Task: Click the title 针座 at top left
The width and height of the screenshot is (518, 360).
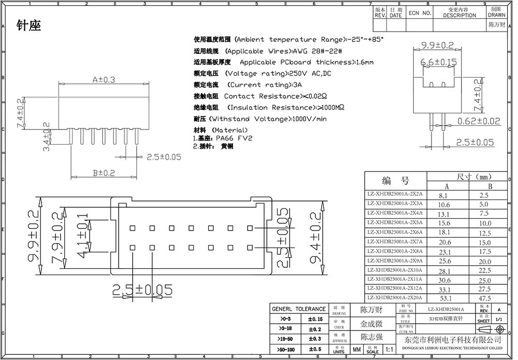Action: pos(28,25)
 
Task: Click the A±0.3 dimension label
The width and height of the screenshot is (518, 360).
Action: pos(104,80)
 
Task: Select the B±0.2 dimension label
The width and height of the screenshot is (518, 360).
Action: pos(104,173)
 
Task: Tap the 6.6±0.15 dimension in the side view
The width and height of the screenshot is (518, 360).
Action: pos(439,62)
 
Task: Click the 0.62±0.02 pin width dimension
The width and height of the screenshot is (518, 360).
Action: pos(479,121)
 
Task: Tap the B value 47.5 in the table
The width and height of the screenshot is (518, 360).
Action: pos(485,298)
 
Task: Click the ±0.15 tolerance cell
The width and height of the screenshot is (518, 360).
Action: pos(315,319)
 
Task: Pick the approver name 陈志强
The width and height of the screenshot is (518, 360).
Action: pos(371,337)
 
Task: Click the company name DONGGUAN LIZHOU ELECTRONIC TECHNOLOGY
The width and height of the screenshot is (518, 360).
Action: pos(453,347)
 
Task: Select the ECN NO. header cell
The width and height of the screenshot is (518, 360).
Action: pos(420,13)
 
